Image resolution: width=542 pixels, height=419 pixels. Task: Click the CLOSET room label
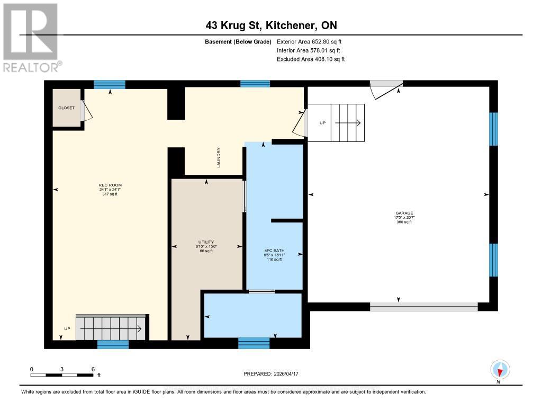(x=66, y=108)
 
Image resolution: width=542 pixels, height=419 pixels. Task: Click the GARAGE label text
(x=404, y=213)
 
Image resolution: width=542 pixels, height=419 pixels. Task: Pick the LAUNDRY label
(x=218, y=158)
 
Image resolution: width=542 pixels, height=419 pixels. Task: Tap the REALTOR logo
(x=32, y=37)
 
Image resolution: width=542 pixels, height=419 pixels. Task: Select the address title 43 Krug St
(x=271, y=25)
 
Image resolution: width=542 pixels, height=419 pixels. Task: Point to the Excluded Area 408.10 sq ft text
(x=311, y=59)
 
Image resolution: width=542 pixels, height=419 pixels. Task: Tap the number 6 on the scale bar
(x=93, y=369)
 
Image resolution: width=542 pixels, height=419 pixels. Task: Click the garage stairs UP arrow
(x=347, y=123)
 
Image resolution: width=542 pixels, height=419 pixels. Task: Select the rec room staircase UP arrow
(x=111, y=329)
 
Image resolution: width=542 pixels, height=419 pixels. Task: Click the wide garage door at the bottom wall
(x=423, y=306)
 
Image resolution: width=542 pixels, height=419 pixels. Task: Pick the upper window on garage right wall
(x=493, y=129)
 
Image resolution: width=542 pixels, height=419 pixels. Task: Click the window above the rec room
(x=110, y=84)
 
